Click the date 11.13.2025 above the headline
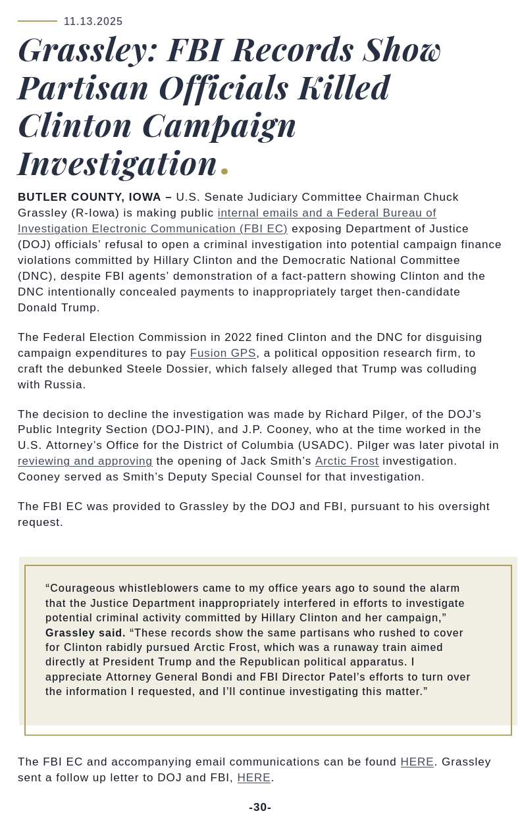(x=93, y=22)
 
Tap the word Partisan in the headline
(x=83, y=88)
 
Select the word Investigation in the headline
(x=117, y=163)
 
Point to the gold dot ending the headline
(x=224, y=171)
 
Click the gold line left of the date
(x=38, y=21)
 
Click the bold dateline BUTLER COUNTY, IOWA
(x=90, y=197)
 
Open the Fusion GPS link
(x=222, y=353)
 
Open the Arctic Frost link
(x=347, y=461)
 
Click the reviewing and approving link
(x=85, y=461)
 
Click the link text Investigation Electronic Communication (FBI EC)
(x=153, y=229)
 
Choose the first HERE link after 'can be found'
(x=417, y=762)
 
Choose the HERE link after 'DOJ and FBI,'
(x=254, y=778)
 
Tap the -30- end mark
(x=260, y=808)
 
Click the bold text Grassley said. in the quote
(x=86, y=633)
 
